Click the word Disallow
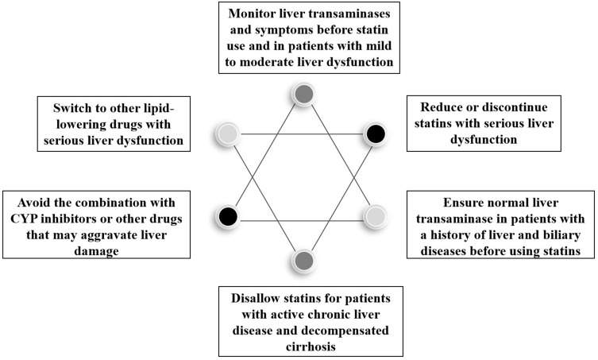[253, 298]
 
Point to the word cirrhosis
[311, 346]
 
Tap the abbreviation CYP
[25, 219]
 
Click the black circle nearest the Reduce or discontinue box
[376, 134]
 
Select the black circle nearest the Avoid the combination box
[228, 216]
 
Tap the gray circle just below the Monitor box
[304, 94]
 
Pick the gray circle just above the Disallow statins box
[304, 261]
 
